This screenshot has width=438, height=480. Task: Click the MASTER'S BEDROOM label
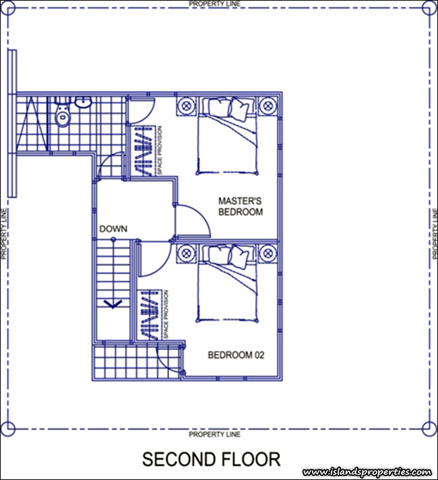point(241,207)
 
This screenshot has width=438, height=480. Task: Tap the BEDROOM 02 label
point(236,355)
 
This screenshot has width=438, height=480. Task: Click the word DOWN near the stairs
point(113,229)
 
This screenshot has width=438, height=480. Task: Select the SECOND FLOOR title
point(211,459)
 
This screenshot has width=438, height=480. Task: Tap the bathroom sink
point(83,102)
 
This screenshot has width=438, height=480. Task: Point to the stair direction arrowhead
point(113,304)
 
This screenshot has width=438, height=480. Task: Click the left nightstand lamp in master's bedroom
point(187,107)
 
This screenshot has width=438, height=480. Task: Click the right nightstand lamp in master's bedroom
point(268,107)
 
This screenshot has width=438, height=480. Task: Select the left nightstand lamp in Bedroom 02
point(187,253)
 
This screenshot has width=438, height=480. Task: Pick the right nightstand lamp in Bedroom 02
point(268,253)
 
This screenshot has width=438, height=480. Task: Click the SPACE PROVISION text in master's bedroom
point(160,150)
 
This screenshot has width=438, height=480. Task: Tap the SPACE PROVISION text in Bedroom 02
point(166,314)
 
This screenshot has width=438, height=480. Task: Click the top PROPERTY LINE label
point(214,4)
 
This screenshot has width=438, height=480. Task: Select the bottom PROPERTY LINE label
point(214,434)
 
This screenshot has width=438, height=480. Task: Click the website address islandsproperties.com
point(367,472)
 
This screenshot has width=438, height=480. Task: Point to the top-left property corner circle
point(8,8)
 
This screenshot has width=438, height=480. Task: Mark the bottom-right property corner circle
point(429,427)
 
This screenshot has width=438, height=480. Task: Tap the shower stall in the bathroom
point(32,124)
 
